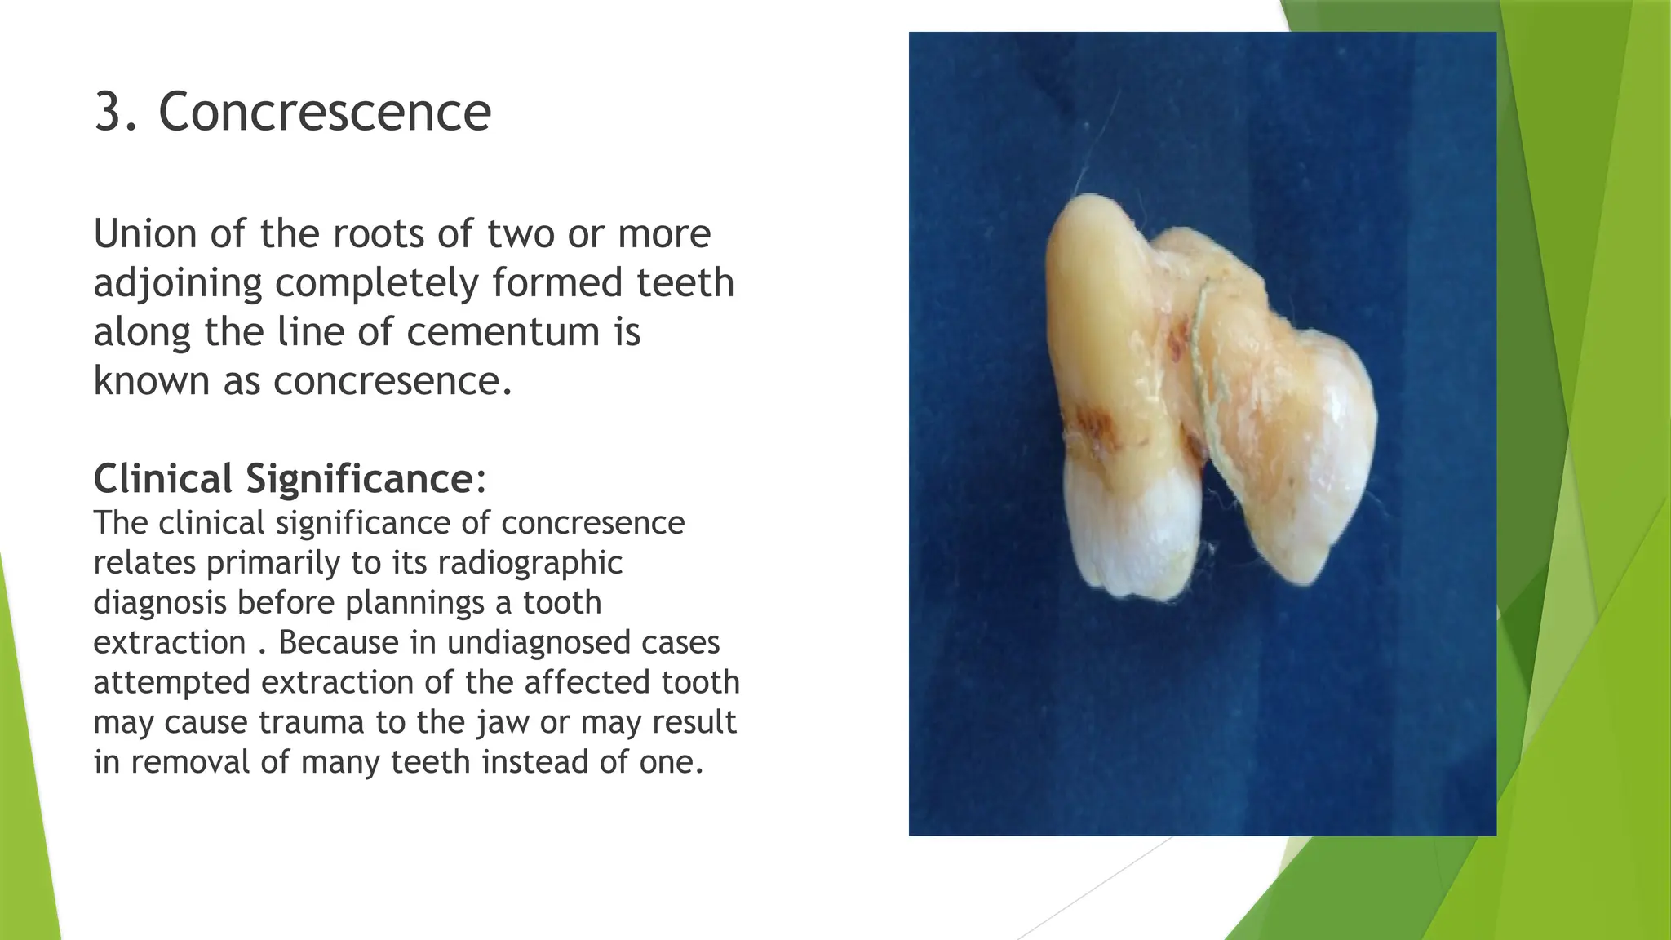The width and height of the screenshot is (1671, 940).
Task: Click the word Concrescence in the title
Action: coord(325,112)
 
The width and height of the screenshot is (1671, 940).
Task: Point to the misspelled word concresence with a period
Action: coord(392,381)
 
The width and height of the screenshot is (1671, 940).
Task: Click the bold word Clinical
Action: coord(163,478)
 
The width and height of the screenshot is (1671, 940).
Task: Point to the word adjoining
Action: coord(178,283)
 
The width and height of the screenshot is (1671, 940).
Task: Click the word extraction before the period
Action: coord(170,643)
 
